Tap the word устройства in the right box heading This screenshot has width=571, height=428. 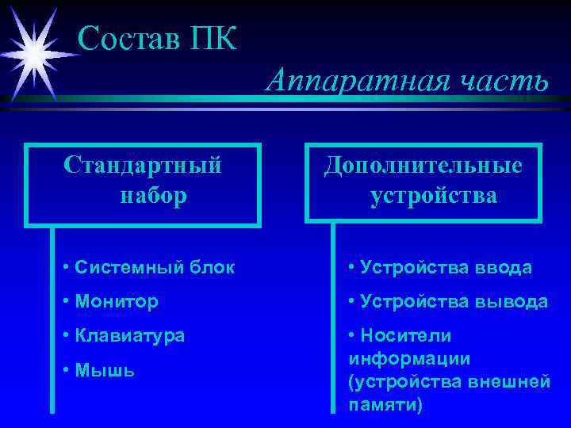pyautogui.click(x=433, y=195)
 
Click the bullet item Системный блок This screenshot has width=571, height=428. pyautogui.click(x=148, y=267)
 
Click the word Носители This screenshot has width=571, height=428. pyautogui.click(x=397, y=335)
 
